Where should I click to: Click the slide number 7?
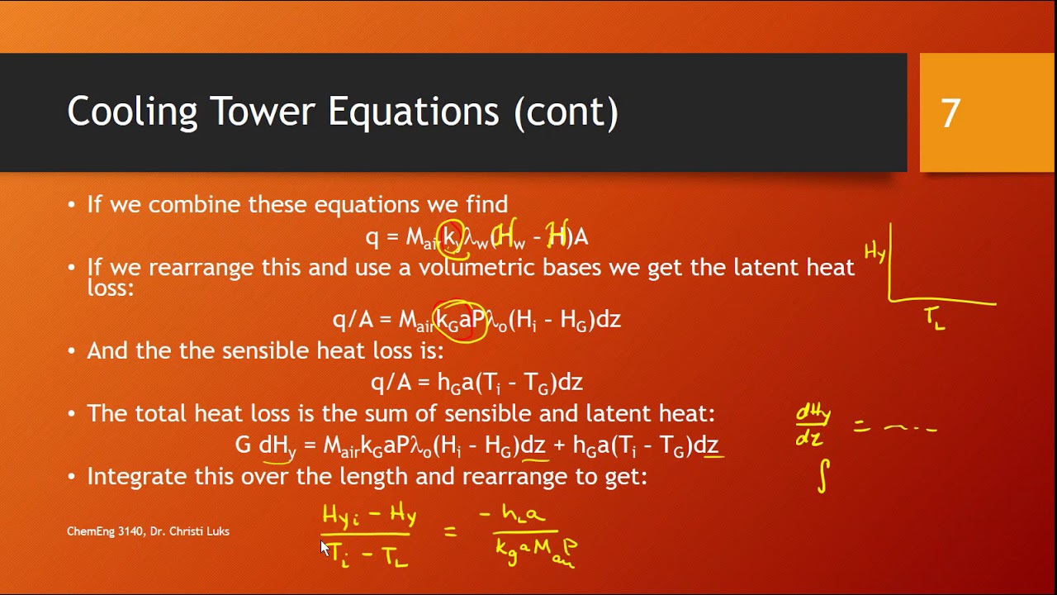pyautogui.click(x=950, y=113)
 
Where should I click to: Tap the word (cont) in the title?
pyautogui.click(x=566, y=112)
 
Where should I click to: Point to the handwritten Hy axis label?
pyautogui.click(x=875, y=252)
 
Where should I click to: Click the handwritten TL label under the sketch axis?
pyautogui.click(x=935, y=318)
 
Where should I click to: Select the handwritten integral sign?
pyautogui.click(x=823, y=477)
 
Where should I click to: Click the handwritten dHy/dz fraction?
pyautogui.click(x=813, y=426)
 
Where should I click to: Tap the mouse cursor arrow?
pyautogui.click(x=325, y=547)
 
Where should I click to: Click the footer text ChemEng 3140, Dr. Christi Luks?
pyautogui.click(x=148, y=531)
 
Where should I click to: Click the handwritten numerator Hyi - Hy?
pyautogui.click(x=369, y=516)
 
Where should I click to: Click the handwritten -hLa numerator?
pyautogui.click(x=512, y=515)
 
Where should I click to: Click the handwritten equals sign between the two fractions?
pyautogui.click(x=451, y=532)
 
